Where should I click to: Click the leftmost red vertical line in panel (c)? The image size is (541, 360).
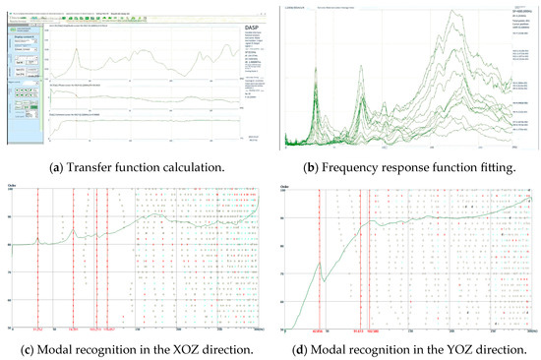(x=37, y=256)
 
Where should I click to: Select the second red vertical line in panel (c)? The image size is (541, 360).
(x=74, y=256)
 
